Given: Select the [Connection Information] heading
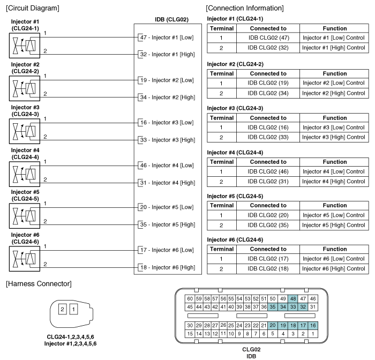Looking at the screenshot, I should [x=245, y=8].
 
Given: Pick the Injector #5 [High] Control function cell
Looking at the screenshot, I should [x=334, y=225].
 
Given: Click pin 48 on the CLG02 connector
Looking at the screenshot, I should [x=293, y=298].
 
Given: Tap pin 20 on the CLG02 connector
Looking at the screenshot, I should [x=272, y=325].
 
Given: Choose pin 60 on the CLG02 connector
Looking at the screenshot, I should [x=189, y=298].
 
